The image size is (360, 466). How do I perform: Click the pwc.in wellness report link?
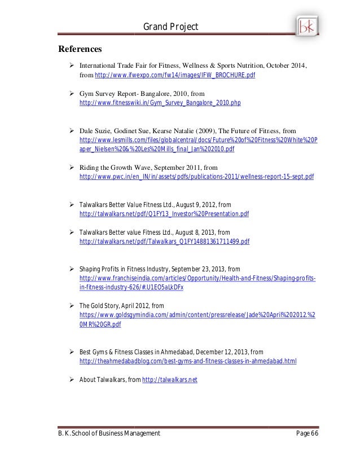tap(197, 177)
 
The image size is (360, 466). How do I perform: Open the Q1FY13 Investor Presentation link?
tap(164, 214)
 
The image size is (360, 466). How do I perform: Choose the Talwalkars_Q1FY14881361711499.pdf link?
tap(164, 241)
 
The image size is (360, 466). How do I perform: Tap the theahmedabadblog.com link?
tap(188, 361)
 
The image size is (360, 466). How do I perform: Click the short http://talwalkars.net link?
tap(169, 379)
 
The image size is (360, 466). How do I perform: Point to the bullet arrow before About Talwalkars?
tap(72, 379)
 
